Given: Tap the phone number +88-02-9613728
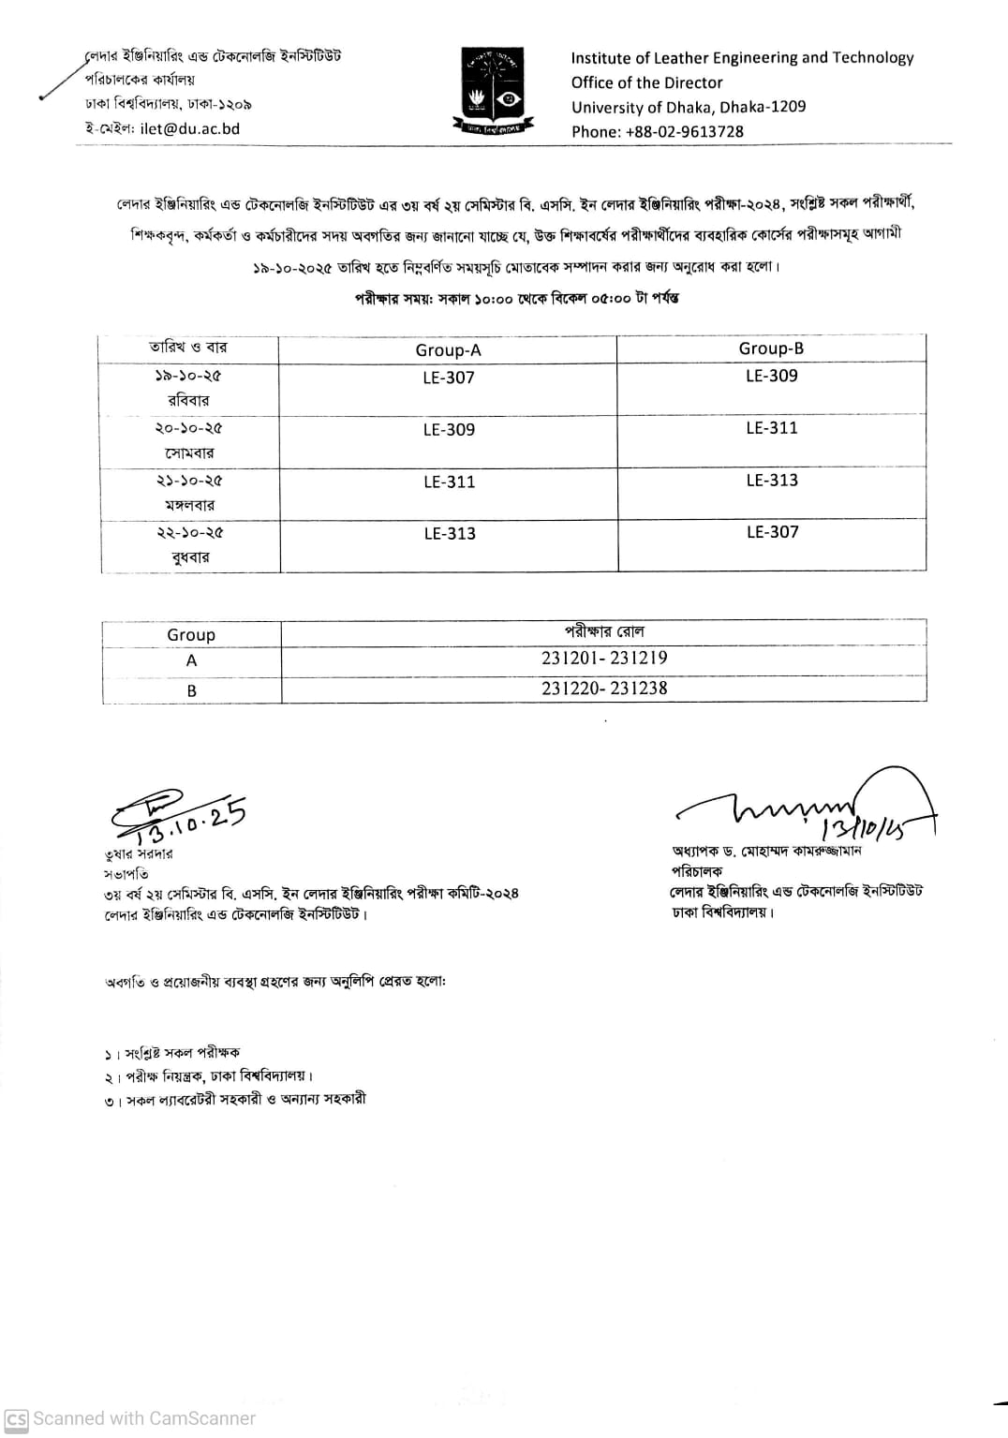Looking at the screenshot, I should coord(684,132).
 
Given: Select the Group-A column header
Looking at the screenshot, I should coord(448,350).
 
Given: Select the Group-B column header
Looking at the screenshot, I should coord(771,348).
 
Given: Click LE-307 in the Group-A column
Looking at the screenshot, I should coord(449,378).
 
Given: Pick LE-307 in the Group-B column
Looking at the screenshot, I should coord(772,532).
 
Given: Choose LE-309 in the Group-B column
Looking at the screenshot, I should coord(772,376).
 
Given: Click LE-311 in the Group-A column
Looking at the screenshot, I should coord(449,482).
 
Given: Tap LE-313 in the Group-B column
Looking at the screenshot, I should coord(772,481).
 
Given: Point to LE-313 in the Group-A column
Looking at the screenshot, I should coord(450,533).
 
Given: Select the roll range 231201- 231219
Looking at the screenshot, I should coord(604,659).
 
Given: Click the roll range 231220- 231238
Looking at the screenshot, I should coord(604,689).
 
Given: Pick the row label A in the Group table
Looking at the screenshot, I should coord(191,661).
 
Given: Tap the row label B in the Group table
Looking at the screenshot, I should coord(191,691).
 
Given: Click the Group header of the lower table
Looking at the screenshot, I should coord(191,635).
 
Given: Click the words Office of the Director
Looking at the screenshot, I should coord(646,82).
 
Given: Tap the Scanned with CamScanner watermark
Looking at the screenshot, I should coord(131,1418).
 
